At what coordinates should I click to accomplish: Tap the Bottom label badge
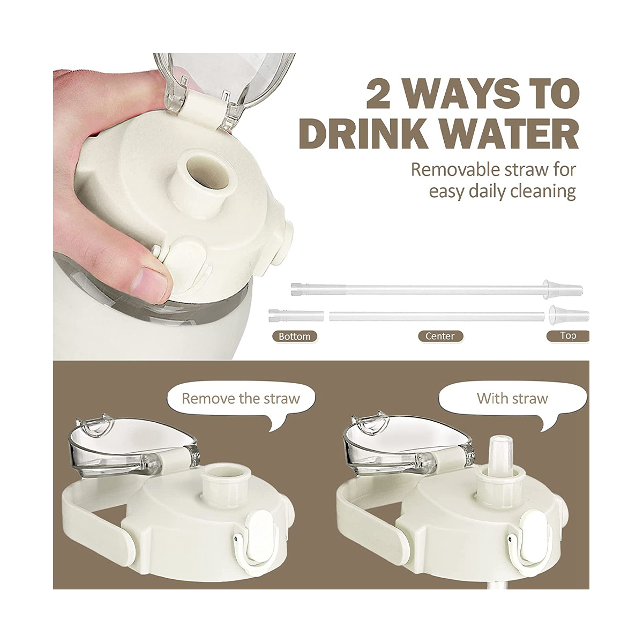(294, 337)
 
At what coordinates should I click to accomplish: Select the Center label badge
(440, 337)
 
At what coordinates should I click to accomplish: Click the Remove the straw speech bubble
(240, 399)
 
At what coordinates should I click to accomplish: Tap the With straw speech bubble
(512, 399)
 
